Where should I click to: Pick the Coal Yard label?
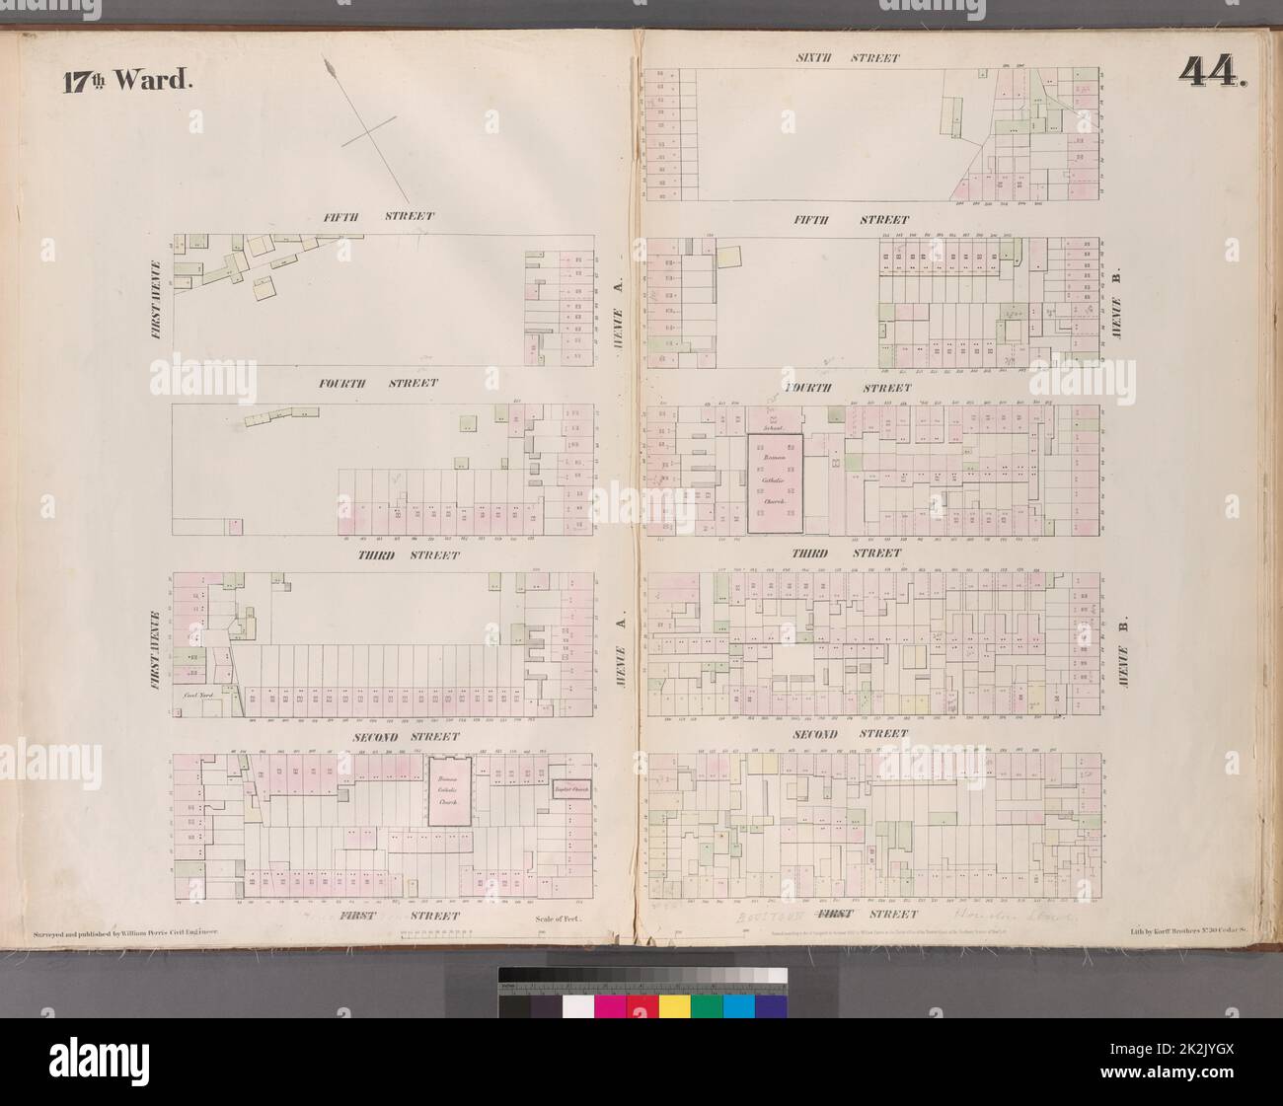click(200, 697)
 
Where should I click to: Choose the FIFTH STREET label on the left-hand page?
click(376, 216)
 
